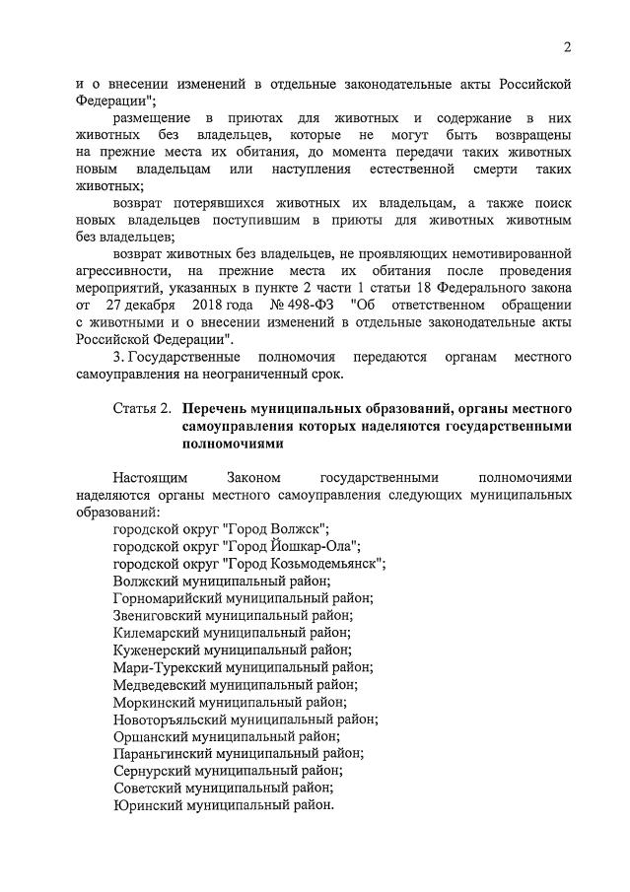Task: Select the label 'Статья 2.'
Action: point(142,407)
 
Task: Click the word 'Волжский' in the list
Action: point(144,582)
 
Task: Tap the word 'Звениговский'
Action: point(156,617)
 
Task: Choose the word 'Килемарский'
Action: point(153,634)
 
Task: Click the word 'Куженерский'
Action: point(155,652)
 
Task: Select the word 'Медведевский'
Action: point(158,686)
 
